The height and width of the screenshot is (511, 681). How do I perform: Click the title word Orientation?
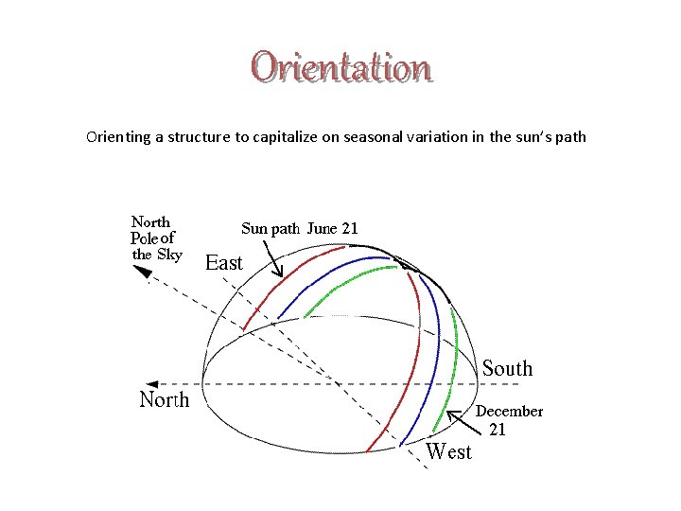340,67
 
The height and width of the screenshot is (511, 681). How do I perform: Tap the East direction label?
224,263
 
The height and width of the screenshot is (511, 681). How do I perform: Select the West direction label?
448,451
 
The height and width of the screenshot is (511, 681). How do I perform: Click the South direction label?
508,368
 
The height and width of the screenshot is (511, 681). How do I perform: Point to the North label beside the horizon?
165,399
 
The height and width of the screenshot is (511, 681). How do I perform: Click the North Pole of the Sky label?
156,238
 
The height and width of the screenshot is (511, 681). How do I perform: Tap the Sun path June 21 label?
300,228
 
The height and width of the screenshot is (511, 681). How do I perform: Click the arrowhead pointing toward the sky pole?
143,272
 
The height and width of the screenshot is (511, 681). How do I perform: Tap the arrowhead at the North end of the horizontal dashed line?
209,383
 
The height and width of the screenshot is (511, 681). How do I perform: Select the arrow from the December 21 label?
459,420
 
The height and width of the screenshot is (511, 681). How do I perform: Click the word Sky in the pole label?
170,254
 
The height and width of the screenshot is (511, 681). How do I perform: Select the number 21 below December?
498,430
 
